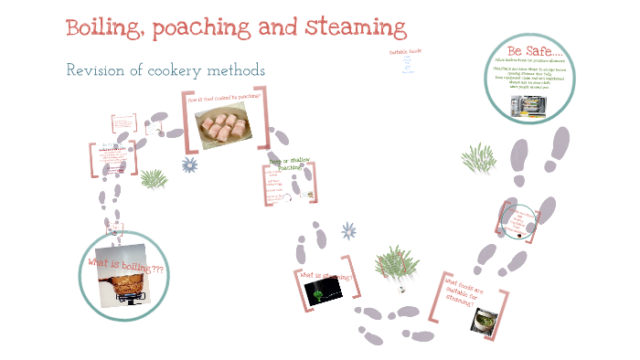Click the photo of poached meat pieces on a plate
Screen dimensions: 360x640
[x=225, y=126]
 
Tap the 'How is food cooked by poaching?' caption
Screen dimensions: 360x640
[x=224, y=97]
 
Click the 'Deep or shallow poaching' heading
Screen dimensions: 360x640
[x=290, y=164]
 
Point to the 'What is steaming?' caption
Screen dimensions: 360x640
[x=325, y=276]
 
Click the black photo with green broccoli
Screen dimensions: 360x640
[x=323, y=291]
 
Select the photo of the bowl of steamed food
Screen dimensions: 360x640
[x=485, y=321]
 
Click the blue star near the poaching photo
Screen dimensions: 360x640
[x=190, y=164]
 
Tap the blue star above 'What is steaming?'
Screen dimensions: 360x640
[x=347, y=229]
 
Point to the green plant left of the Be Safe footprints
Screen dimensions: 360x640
[x=478, y=158]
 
